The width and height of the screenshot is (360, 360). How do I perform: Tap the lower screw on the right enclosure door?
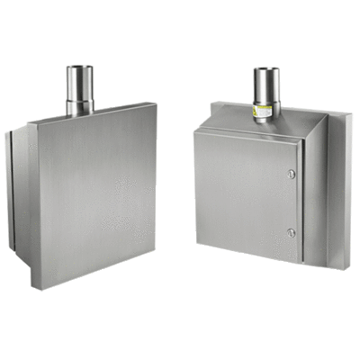(x=291, y=232)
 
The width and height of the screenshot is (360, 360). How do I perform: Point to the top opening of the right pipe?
(x=265, y=69)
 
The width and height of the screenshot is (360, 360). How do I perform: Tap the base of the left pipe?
(x=80, y=112)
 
